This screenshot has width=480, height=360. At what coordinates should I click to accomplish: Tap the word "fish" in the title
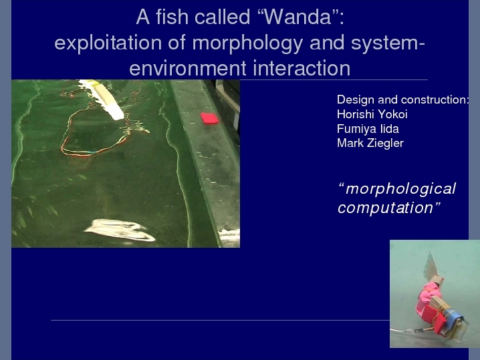tap(172, 17)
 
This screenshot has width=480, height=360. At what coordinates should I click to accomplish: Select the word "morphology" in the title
tap(247, 43)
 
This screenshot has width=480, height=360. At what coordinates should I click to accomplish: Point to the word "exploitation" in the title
tap(108, 43)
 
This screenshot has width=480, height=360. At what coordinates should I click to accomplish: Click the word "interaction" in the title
tap(302, 68)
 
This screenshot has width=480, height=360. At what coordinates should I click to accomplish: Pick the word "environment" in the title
tap(188, 68)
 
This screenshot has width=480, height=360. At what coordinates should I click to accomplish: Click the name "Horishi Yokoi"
tap(372, 114)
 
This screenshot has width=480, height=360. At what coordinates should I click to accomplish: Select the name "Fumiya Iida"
tap(368, 129)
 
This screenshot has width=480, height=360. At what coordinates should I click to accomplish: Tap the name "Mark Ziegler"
tap(370, 143)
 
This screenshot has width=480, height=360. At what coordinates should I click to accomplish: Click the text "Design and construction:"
tap(402, 100)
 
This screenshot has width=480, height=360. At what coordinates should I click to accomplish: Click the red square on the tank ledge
tap(210, 118)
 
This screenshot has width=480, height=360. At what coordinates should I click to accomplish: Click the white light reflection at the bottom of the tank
tap(120, 230)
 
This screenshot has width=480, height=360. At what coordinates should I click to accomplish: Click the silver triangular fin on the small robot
tap(432, 264)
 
